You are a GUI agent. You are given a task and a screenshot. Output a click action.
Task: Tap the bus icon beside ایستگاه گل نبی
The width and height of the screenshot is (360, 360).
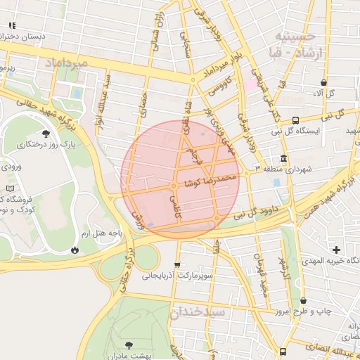(295, 120)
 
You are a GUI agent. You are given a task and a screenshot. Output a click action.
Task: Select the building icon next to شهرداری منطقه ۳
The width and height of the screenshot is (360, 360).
(283, 158)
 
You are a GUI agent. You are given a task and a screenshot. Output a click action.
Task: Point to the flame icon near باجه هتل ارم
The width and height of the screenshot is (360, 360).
(75, 250)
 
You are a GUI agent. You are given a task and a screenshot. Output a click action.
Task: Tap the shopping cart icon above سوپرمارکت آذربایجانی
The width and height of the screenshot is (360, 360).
(176, 265)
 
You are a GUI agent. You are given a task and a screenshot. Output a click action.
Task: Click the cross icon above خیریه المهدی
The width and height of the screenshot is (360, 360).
(336, 250)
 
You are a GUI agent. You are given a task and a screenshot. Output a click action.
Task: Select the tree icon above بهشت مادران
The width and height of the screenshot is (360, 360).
(129, 344)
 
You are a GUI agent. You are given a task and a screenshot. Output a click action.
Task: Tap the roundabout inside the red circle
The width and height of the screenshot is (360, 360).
(174, 186)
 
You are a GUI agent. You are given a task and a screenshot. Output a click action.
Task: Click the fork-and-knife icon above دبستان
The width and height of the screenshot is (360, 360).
(11, 25)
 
